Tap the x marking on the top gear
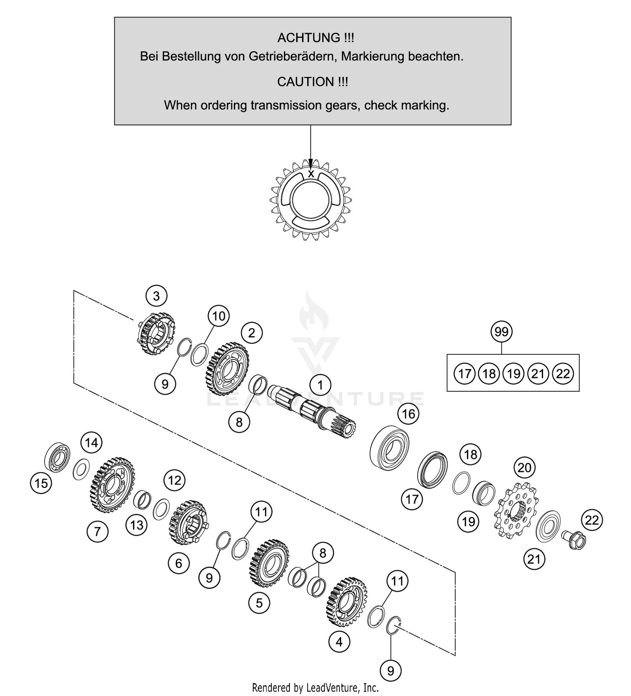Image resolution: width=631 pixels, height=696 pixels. click(x=311, y=173)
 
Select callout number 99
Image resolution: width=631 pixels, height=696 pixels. click(x=501, y=332)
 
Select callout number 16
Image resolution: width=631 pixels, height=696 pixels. click(x=408, y=414)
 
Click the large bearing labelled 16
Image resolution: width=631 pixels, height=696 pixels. click(x=390, y=448)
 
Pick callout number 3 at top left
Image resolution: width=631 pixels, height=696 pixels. click(x=156, y=296)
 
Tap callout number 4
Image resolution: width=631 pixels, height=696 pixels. click(x=339, y=642)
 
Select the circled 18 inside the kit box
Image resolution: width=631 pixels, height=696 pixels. click(x=489, y=373)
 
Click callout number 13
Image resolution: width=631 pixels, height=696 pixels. click(x=137, y=525)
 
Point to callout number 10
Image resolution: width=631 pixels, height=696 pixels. click(x=219, y=316)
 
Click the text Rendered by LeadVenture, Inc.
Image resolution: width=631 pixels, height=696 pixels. click(x=315, y=688)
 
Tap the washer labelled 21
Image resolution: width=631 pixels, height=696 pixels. click(x=548, y=526)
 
